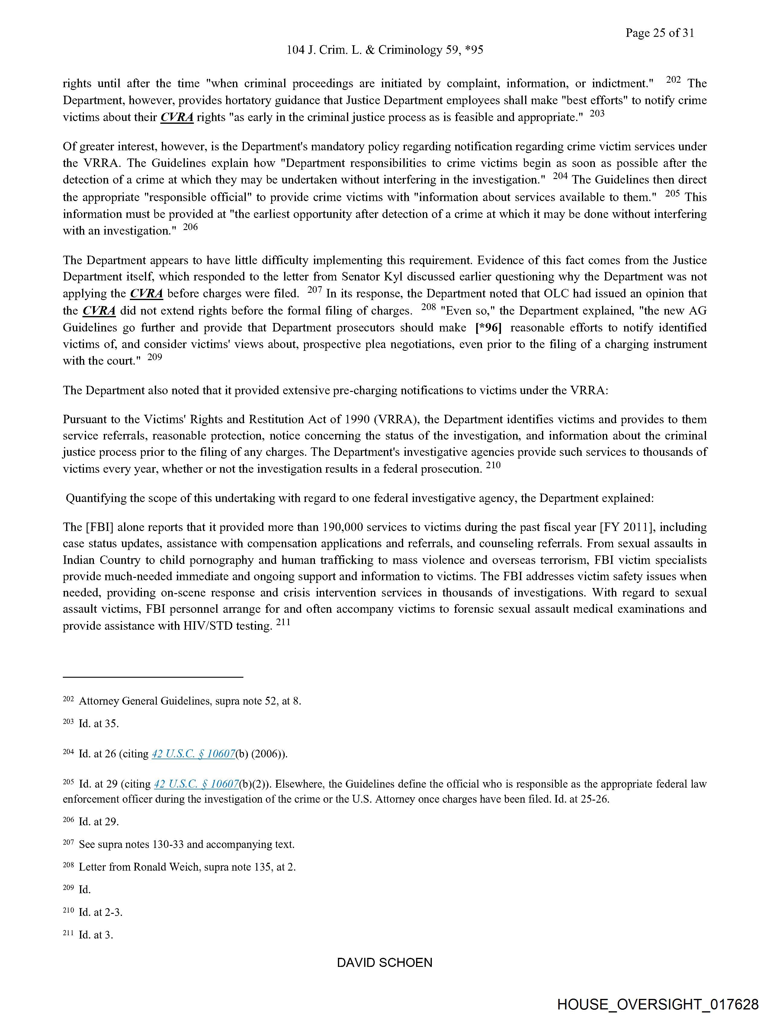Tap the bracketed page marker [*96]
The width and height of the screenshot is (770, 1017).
488,328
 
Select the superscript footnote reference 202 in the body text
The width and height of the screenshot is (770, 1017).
673,79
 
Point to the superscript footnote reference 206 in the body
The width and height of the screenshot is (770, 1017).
191,227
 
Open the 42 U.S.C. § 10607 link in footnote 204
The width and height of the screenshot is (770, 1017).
193,754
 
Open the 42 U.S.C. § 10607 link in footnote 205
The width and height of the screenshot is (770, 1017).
196,784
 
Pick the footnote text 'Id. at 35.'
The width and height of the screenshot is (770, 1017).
98,724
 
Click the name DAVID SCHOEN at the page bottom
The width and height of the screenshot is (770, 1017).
384,963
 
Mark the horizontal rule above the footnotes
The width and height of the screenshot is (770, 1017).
153,677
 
